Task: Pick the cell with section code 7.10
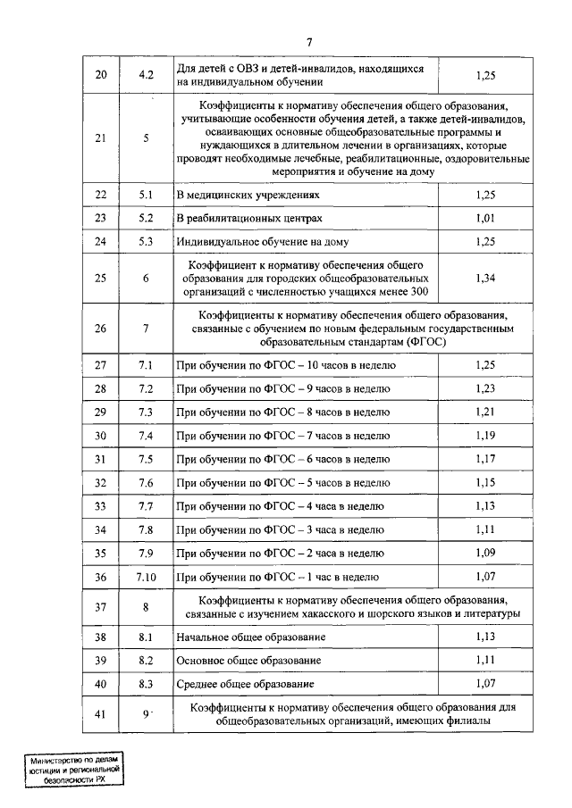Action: tap(146, 577)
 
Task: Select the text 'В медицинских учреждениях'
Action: tap(247, 194)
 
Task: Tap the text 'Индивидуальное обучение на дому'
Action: tap(262, 241)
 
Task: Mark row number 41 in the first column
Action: tap(100, 714)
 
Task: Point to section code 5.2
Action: tap(146, 218)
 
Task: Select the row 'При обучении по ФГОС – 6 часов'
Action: tap(283, 459)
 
